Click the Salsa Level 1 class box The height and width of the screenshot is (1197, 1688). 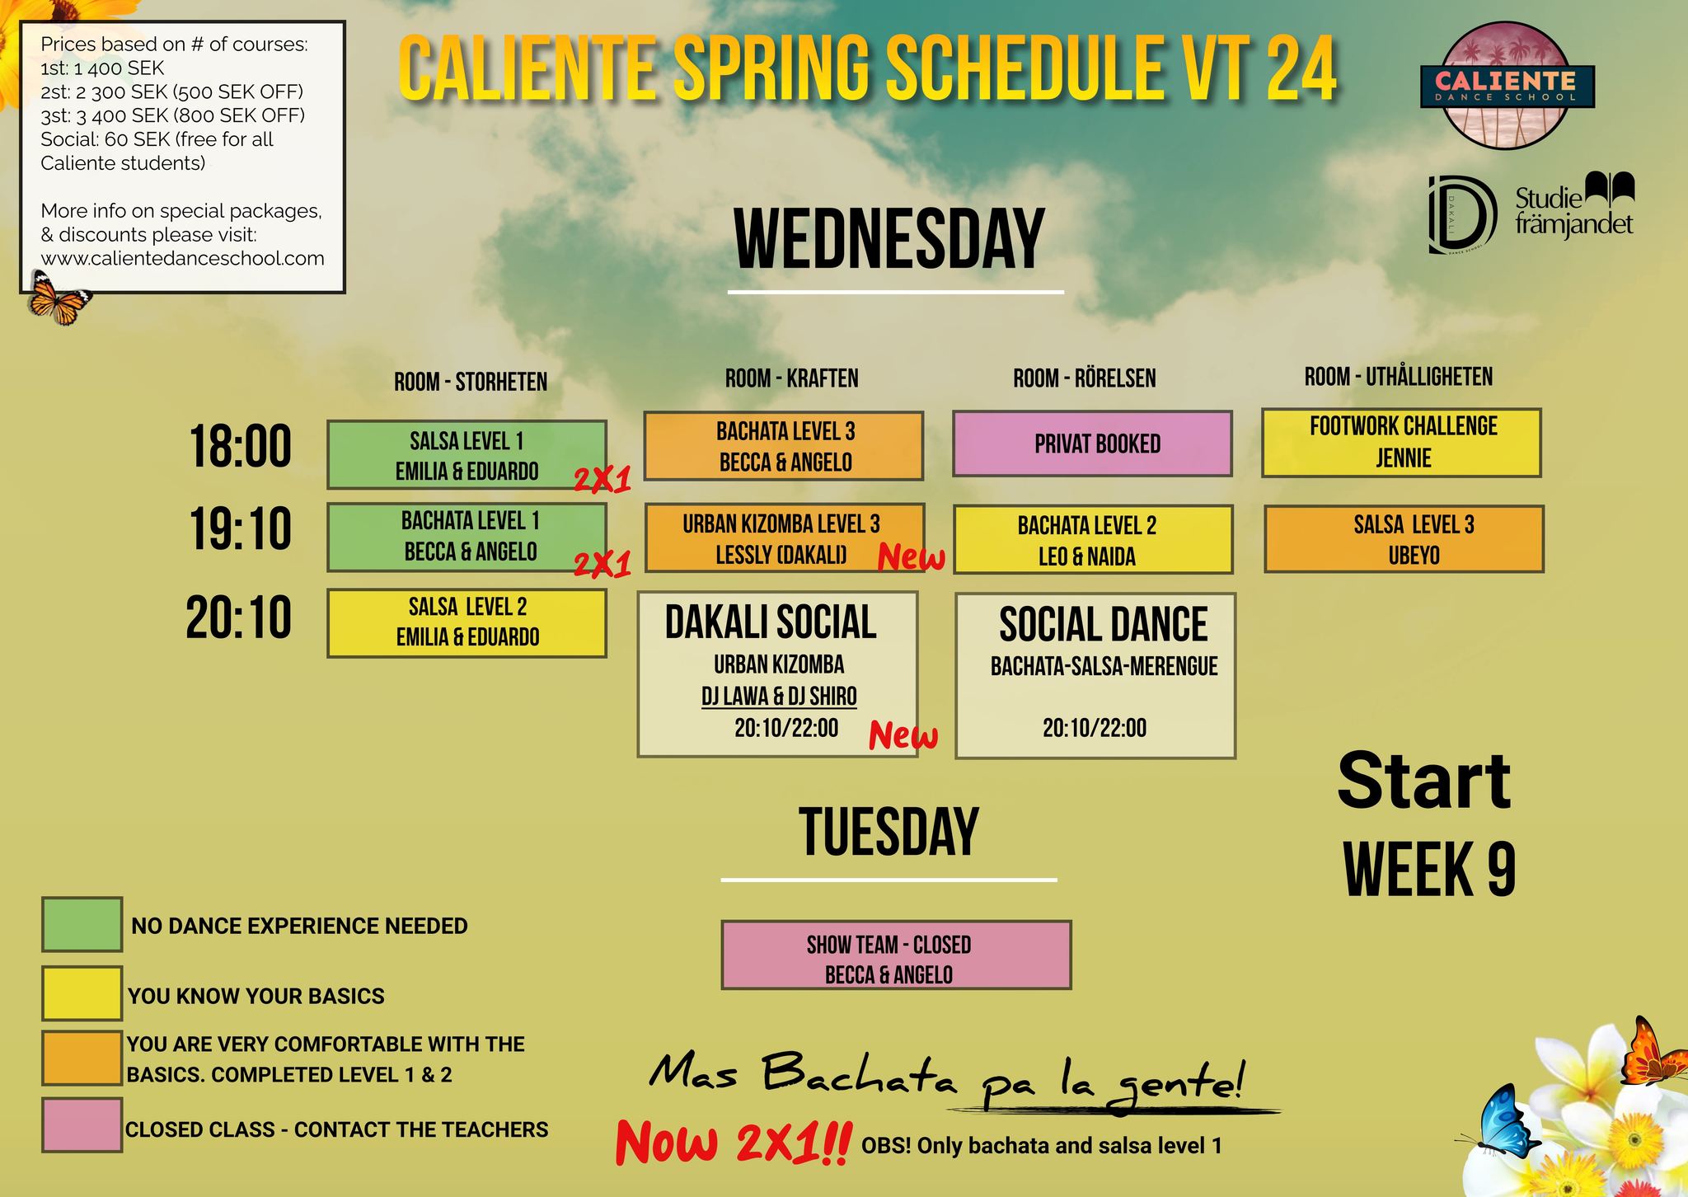click(467, 455)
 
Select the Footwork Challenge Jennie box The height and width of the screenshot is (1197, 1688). click(1401, 443)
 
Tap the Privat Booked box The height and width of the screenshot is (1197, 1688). click(1092, 444)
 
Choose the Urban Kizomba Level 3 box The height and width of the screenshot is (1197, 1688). click(785, 538)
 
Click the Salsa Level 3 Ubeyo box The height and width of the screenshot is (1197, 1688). click(1404, 539)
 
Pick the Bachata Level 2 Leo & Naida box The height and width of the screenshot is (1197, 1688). click(1093, 539)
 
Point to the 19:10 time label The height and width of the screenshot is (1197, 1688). click(240, 528)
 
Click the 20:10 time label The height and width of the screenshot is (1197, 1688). click(238, 617)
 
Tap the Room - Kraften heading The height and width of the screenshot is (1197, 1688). click(791, 378)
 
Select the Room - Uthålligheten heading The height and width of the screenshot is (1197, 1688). click(1398, 377)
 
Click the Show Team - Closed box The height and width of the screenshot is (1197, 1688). click(896, 955)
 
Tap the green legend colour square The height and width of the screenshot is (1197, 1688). click(82, 924)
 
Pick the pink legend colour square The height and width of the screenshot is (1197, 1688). click(82, 1124)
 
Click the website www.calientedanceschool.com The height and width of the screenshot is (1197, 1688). click(182, 258)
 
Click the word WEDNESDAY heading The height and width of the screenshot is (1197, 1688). click(889, 239)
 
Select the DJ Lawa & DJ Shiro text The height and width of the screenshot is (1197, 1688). click(779, 697)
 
